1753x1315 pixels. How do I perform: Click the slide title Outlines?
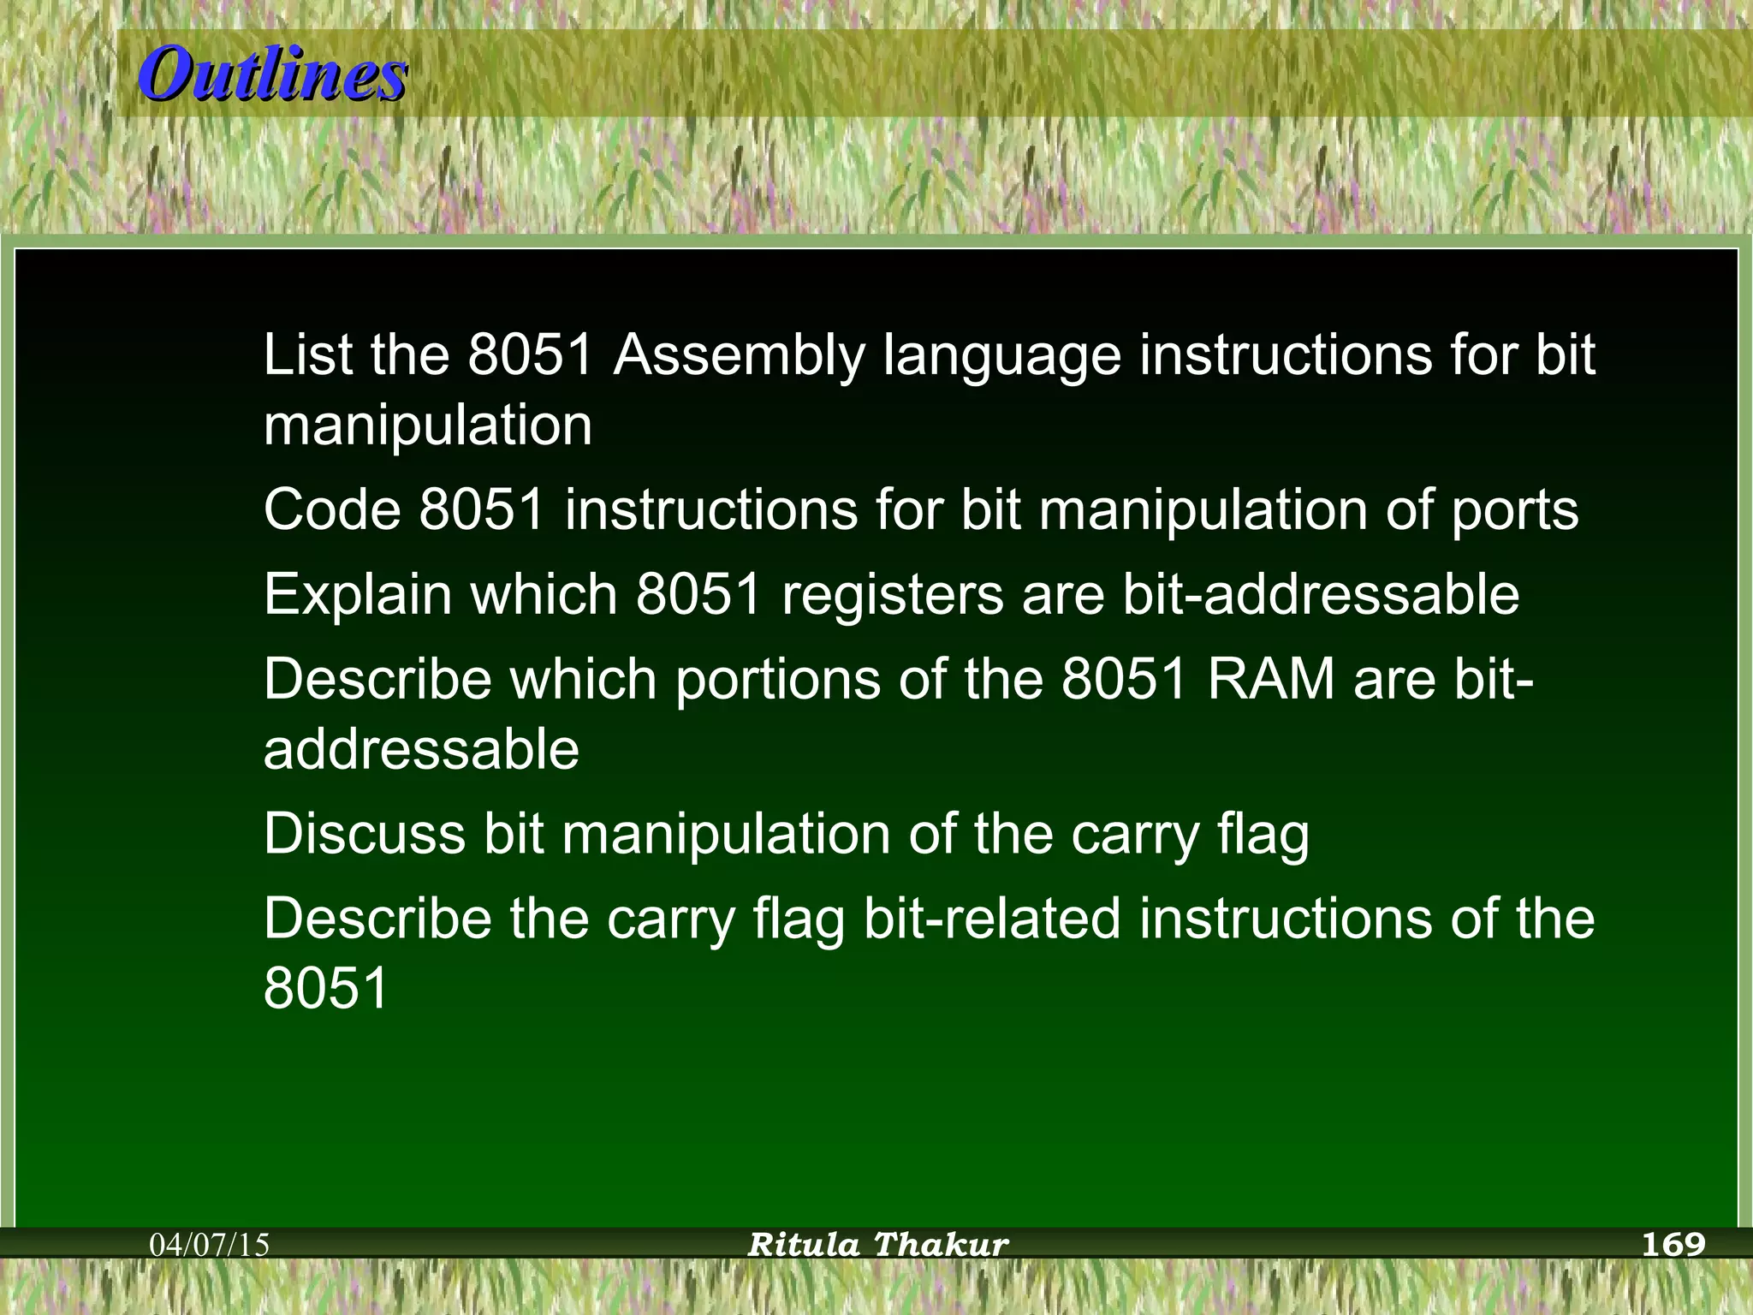[x=272, y=74]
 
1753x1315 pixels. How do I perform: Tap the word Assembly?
[x=739, y=355]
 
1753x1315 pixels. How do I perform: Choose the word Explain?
[x=357, y=595]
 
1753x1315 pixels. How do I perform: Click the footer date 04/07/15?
[x=210, y=1244]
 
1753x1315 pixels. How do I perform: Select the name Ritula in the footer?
[x=803, y=1244]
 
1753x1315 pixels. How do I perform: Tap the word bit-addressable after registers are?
[x=1320, y=594]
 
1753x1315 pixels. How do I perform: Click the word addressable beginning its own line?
[x=421, y=749]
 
